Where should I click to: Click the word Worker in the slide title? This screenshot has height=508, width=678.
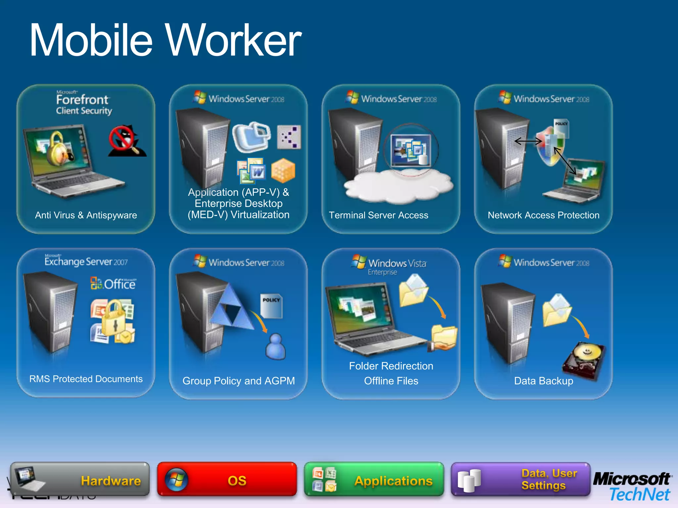(233, 40)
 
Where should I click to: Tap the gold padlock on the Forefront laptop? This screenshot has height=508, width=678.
(59, 149)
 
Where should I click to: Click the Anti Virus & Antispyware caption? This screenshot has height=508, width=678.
(86, 215)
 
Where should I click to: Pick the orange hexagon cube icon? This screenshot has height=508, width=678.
(283, 170)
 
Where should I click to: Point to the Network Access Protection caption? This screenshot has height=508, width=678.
(543, 215)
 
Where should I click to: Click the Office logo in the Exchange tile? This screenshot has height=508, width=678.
(113, 284)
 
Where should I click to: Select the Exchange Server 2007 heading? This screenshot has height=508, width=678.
(86, 262)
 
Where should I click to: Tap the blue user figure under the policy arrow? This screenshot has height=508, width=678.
(275, 346)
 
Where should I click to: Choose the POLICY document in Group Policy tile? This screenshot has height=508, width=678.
(271, 306)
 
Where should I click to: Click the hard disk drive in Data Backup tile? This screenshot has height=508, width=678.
(584, 360)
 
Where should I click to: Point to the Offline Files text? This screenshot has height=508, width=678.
(391, 381)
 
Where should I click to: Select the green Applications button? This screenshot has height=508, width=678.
(374, 480)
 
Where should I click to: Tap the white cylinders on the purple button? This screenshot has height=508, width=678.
(469, 480)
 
